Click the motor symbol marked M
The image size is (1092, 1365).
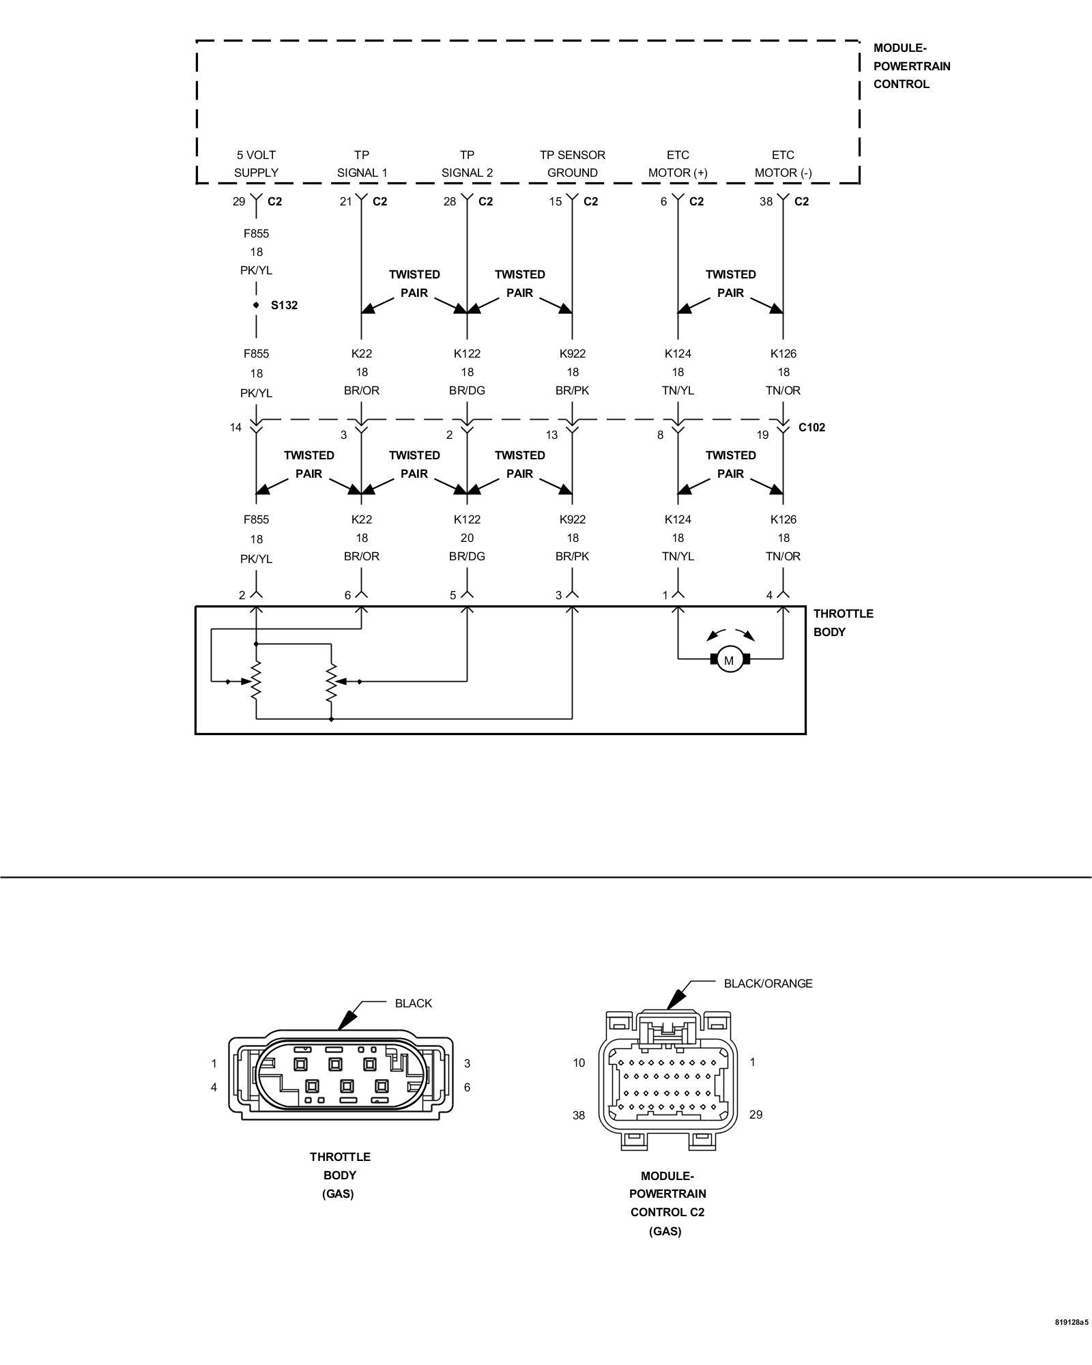(x=729, y=660)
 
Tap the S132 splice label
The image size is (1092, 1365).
(x=284, y=305)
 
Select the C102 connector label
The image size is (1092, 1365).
(x=811, y=427)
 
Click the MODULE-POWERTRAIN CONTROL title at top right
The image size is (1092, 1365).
(x=912, y=66)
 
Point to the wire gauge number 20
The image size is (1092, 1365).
(x=467, y=538)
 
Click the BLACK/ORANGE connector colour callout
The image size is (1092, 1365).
(x=768, y=983)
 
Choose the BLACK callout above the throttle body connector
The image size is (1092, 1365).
(x=414, y=1003)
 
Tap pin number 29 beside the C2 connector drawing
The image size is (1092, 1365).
(x=756, y=1115)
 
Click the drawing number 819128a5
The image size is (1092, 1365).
(x=1071, y=1341)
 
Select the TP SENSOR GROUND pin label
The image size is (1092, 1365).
(x=573, y=164)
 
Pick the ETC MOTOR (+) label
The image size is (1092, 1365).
(x=678, y=164)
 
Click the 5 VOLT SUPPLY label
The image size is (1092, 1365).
(x=256, y=164)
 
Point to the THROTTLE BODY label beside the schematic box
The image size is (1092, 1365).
(x=843, y=622)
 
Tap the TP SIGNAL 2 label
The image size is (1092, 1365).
(x=467, y=164)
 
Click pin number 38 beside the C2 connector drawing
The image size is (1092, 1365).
(x=579, y=1115)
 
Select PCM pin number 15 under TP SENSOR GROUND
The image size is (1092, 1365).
(x=556, y=201)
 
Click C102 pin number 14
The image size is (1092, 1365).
(x=235, y=427)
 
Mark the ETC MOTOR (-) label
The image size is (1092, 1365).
(x=783, y=164)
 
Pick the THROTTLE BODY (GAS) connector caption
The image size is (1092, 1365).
(x=340, y=1175)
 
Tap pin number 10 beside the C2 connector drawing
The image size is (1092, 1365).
(x=579, y=1063)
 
